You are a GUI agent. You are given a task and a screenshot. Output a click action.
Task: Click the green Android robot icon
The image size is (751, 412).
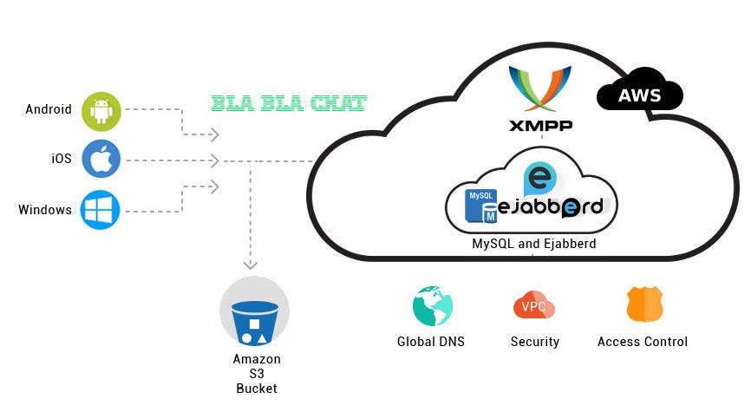[x=101, y=111]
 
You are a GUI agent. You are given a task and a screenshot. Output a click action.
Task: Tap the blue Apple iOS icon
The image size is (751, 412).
[x=101, y=160]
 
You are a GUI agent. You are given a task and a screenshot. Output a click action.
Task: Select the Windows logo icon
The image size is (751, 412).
[x=101, y=210]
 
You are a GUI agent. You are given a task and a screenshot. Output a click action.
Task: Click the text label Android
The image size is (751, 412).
[x=49, y=110]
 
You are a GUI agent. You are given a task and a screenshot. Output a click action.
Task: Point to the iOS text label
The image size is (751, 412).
[x=61, y=160]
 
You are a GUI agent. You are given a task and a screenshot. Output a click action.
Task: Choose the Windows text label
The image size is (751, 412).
[x=45, y=210]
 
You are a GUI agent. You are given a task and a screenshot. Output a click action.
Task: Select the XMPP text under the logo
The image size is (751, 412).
[x=540, y=126]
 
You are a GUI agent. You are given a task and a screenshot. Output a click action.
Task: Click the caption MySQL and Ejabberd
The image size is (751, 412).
[x=533, y=244]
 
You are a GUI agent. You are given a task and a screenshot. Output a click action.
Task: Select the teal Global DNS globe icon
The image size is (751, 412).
[x=431, y=306]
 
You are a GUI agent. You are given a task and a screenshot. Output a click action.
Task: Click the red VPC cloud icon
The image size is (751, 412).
[x=534, y=306]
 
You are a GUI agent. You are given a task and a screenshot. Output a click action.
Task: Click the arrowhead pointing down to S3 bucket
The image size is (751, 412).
[x=250, y=264]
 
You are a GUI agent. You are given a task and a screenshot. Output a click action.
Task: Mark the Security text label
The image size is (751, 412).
[x=535, y=342]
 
